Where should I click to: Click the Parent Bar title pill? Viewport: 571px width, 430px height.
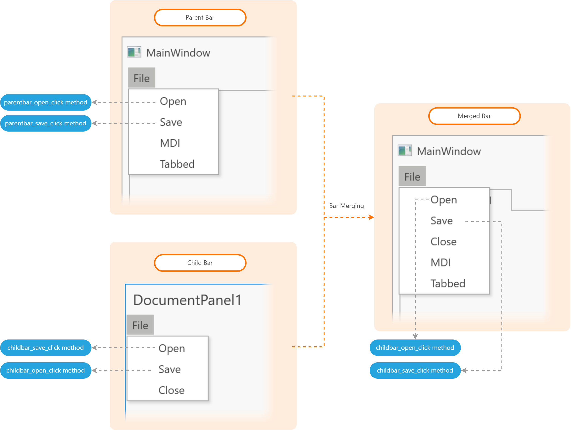click(x=200, y=18)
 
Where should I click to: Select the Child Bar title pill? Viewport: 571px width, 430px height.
click(x=200, y=263)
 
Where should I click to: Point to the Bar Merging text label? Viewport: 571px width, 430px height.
click(x=346, y=206)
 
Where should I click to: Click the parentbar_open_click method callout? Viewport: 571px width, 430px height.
click(x=46, y=102)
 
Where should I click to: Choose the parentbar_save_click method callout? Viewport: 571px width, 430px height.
click(x=46, y=123)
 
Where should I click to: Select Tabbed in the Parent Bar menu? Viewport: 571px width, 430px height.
click(x=177, y=164)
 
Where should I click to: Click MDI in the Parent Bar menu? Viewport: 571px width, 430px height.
click(x=170, y=143)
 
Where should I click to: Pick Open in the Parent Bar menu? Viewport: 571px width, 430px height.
click(x=173, y=101)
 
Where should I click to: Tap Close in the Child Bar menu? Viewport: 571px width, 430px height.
click(x=171, y=390)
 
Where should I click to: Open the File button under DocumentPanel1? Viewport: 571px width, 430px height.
click(x=140, y=325)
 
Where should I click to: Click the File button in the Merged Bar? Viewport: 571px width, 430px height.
click(x=412, y=176)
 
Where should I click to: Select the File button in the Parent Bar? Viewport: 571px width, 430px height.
click(x=141, y=78)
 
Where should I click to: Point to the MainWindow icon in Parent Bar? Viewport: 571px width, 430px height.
click(x=134, y=52)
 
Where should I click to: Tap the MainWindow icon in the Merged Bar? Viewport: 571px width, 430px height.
click(x=405, y=150)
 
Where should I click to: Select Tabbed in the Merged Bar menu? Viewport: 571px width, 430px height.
click(x=448, y=284)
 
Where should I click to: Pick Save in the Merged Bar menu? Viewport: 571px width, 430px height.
click(x=441, y=221)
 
